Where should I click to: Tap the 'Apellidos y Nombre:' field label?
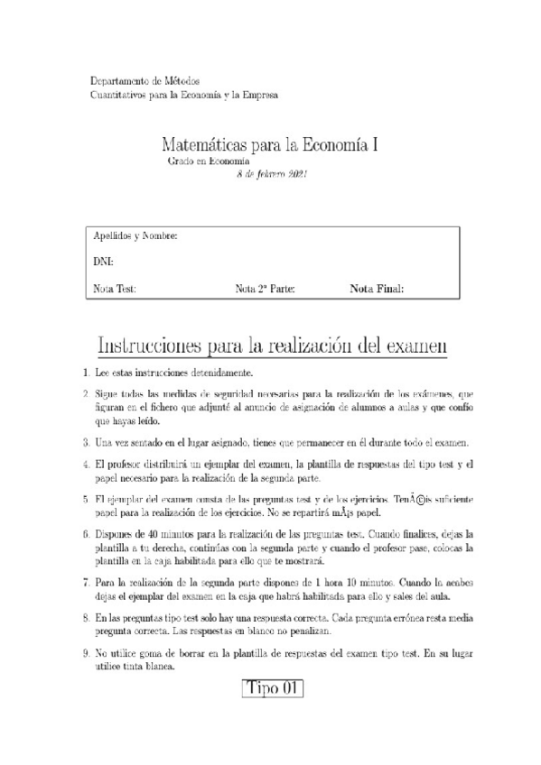coord(135,236)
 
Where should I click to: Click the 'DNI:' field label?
coord(103,263)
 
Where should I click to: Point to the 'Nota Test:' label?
coord(115,290)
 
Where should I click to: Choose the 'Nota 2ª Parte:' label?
coord(265,290)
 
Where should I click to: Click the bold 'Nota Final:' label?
coord(377,290)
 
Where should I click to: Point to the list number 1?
coord(85,373)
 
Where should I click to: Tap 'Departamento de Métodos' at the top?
coord(145,81)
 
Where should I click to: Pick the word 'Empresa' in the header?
coord(257,94)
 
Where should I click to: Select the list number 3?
coord(85,442)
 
